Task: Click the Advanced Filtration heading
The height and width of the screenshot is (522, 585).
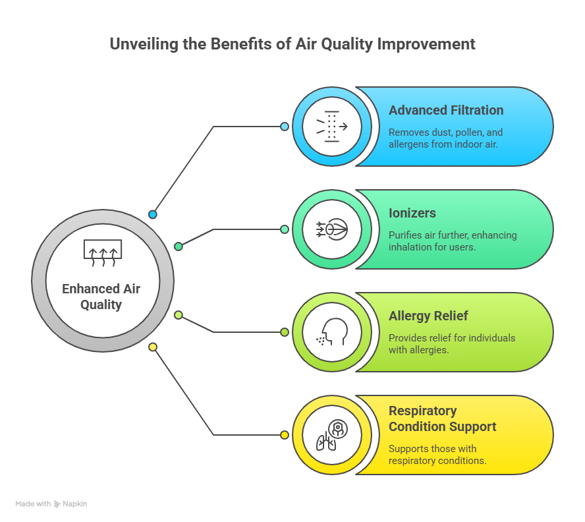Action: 445,110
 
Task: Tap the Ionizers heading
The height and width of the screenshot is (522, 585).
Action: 412,214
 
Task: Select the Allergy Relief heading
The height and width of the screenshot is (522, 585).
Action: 428,316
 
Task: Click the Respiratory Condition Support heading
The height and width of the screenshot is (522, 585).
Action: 442,419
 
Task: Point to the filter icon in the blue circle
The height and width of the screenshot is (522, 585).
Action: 331,127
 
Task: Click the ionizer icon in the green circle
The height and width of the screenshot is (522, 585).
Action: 331,229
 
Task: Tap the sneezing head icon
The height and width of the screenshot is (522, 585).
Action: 331,332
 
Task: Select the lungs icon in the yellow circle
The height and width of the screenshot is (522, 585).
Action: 331,435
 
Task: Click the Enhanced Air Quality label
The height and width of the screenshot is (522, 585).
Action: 101,297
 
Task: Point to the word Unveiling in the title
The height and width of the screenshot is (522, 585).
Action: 140,44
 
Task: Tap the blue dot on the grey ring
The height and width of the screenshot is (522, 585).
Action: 153,214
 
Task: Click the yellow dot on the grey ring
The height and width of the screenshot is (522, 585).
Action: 153,347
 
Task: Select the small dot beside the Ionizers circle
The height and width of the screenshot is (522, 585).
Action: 285,229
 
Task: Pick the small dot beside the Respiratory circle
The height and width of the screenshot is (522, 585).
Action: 285,435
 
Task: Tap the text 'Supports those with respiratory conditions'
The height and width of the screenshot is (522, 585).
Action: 437,455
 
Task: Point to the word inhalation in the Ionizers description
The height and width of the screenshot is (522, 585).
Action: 412,247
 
